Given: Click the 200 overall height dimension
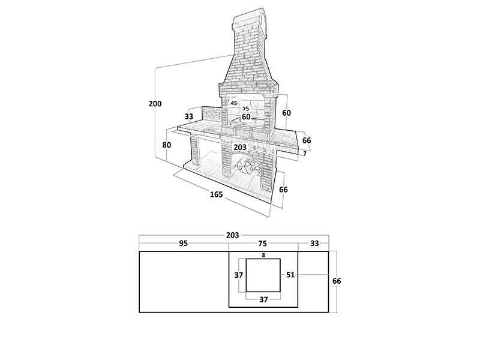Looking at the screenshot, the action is [155, 104].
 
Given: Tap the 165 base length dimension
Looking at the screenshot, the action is [217, 194].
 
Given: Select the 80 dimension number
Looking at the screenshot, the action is [167, 145].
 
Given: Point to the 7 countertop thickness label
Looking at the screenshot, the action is [305, 154].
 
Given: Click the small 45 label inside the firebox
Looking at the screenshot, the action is [234, 103].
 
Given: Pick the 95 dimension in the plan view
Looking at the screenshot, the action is [184, 244].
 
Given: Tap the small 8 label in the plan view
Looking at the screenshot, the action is [263, 255].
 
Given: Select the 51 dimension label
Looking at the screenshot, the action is [290, 275].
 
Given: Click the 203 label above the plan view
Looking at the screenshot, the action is [233, 235].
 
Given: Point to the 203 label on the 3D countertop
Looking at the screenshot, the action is [240, 147].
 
